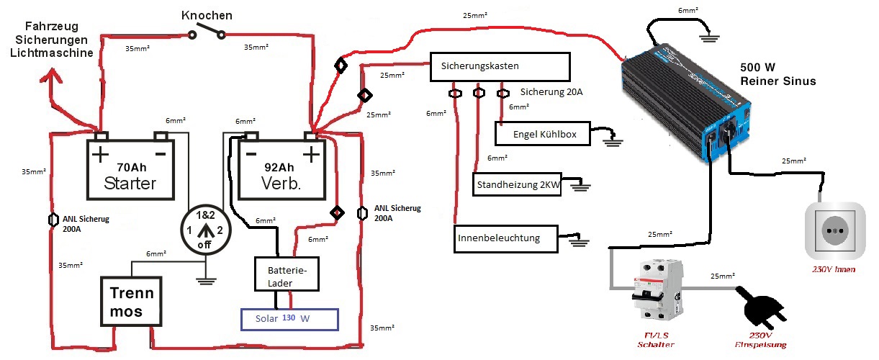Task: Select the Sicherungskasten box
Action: pos(500,66)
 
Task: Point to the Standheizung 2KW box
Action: pos(518,184)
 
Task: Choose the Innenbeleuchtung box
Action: pos(508,238)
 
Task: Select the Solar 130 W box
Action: pos(289,318)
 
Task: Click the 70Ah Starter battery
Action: pos(131,169)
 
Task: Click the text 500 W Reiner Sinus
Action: pos(777,73)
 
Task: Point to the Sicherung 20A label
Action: pos(551,93)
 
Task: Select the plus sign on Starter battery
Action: pos(100,153)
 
